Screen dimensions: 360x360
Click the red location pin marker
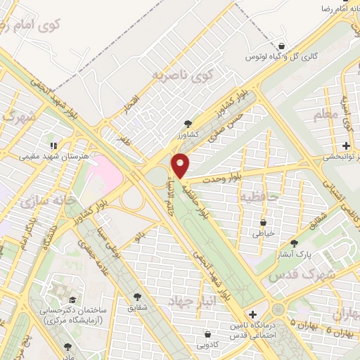coord(181,165)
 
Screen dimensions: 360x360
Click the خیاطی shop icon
coord(261,222)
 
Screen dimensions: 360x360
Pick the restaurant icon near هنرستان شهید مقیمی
coord(54,146)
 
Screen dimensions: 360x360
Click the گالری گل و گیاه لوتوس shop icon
coord(281,42)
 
